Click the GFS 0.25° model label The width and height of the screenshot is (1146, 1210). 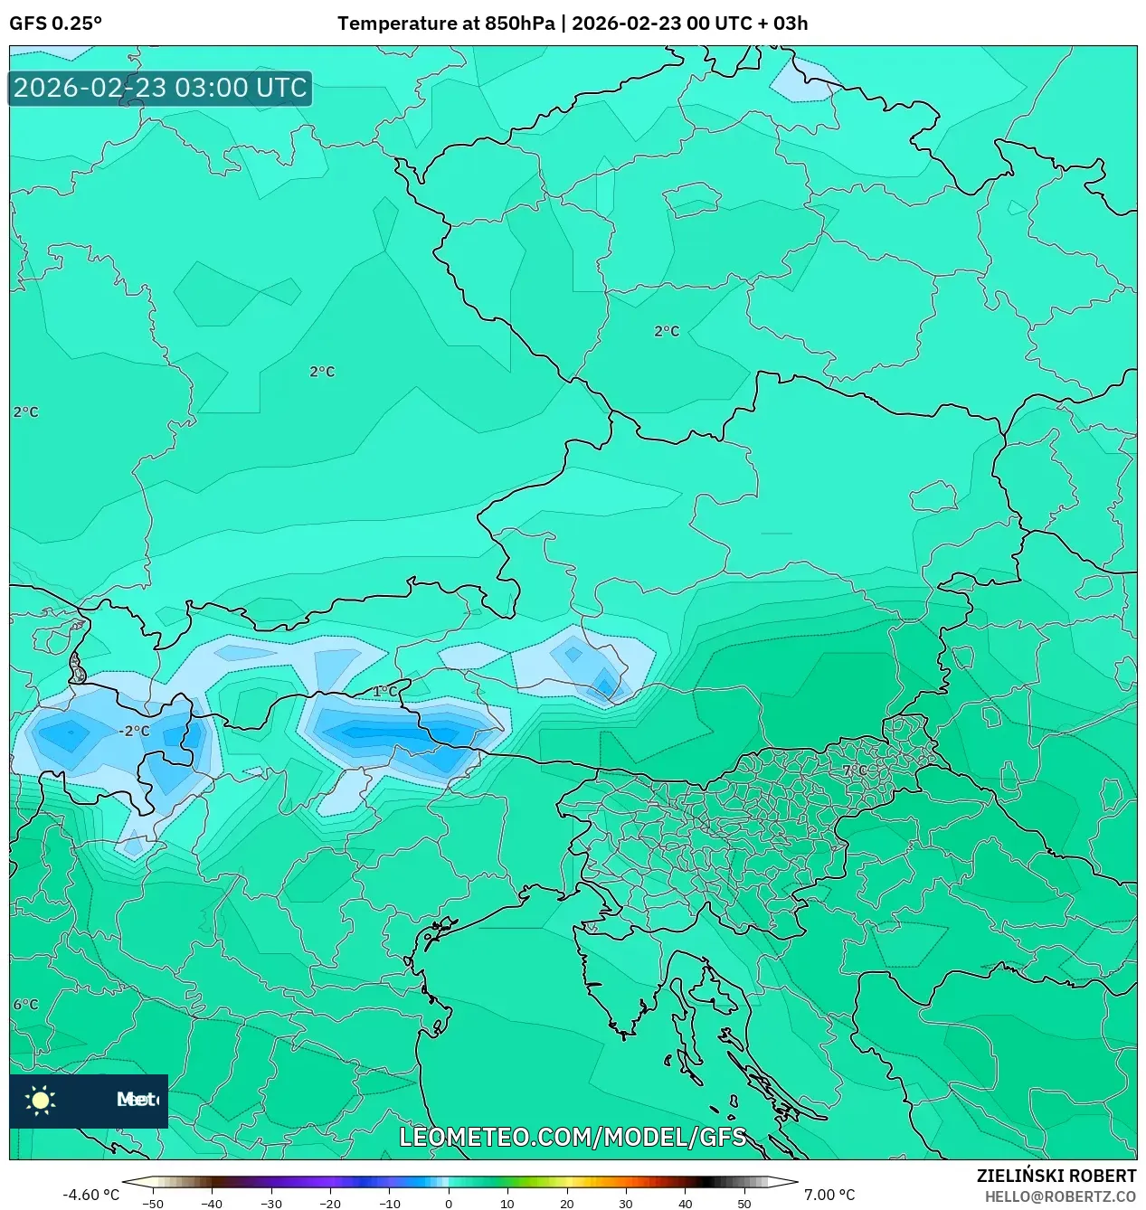coord(55,24)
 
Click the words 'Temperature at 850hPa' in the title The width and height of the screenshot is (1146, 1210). coord(445,24)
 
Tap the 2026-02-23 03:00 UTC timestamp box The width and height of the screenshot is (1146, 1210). coord(160,89)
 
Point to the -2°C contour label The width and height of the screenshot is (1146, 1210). coord(134,731)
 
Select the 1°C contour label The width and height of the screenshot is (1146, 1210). coord(384,692)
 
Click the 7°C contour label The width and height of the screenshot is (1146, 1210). coord(854,770)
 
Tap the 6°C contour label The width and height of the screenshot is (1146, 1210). coord(25,1005)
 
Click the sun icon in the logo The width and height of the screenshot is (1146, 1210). coord(41,1100)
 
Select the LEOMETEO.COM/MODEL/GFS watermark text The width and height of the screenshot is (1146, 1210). coord(573,1137)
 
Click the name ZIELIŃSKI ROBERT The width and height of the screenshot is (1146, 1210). coord(1056,1176)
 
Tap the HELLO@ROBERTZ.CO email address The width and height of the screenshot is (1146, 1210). coord(1060,1196)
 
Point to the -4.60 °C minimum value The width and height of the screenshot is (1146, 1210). coord(90,1195)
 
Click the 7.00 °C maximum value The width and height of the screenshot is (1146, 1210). coord(829,1195)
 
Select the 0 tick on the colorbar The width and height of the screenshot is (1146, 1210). coord(449,1204)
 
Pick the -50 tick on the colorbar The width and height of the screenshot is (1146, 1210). coord(153,1204)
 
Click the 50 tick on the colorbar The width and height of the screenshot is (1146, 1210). coord(744,1204)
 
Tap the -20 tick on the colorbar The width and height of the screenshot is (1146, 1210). coord(330,1204)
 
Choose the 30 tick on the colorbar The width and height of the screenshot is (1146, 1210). coord(626,1204)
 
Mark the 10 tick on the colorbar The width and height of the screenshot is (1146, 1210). coord(507,1204)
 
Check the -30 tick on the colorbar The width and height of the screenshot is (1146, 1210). coord(271,1204)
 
